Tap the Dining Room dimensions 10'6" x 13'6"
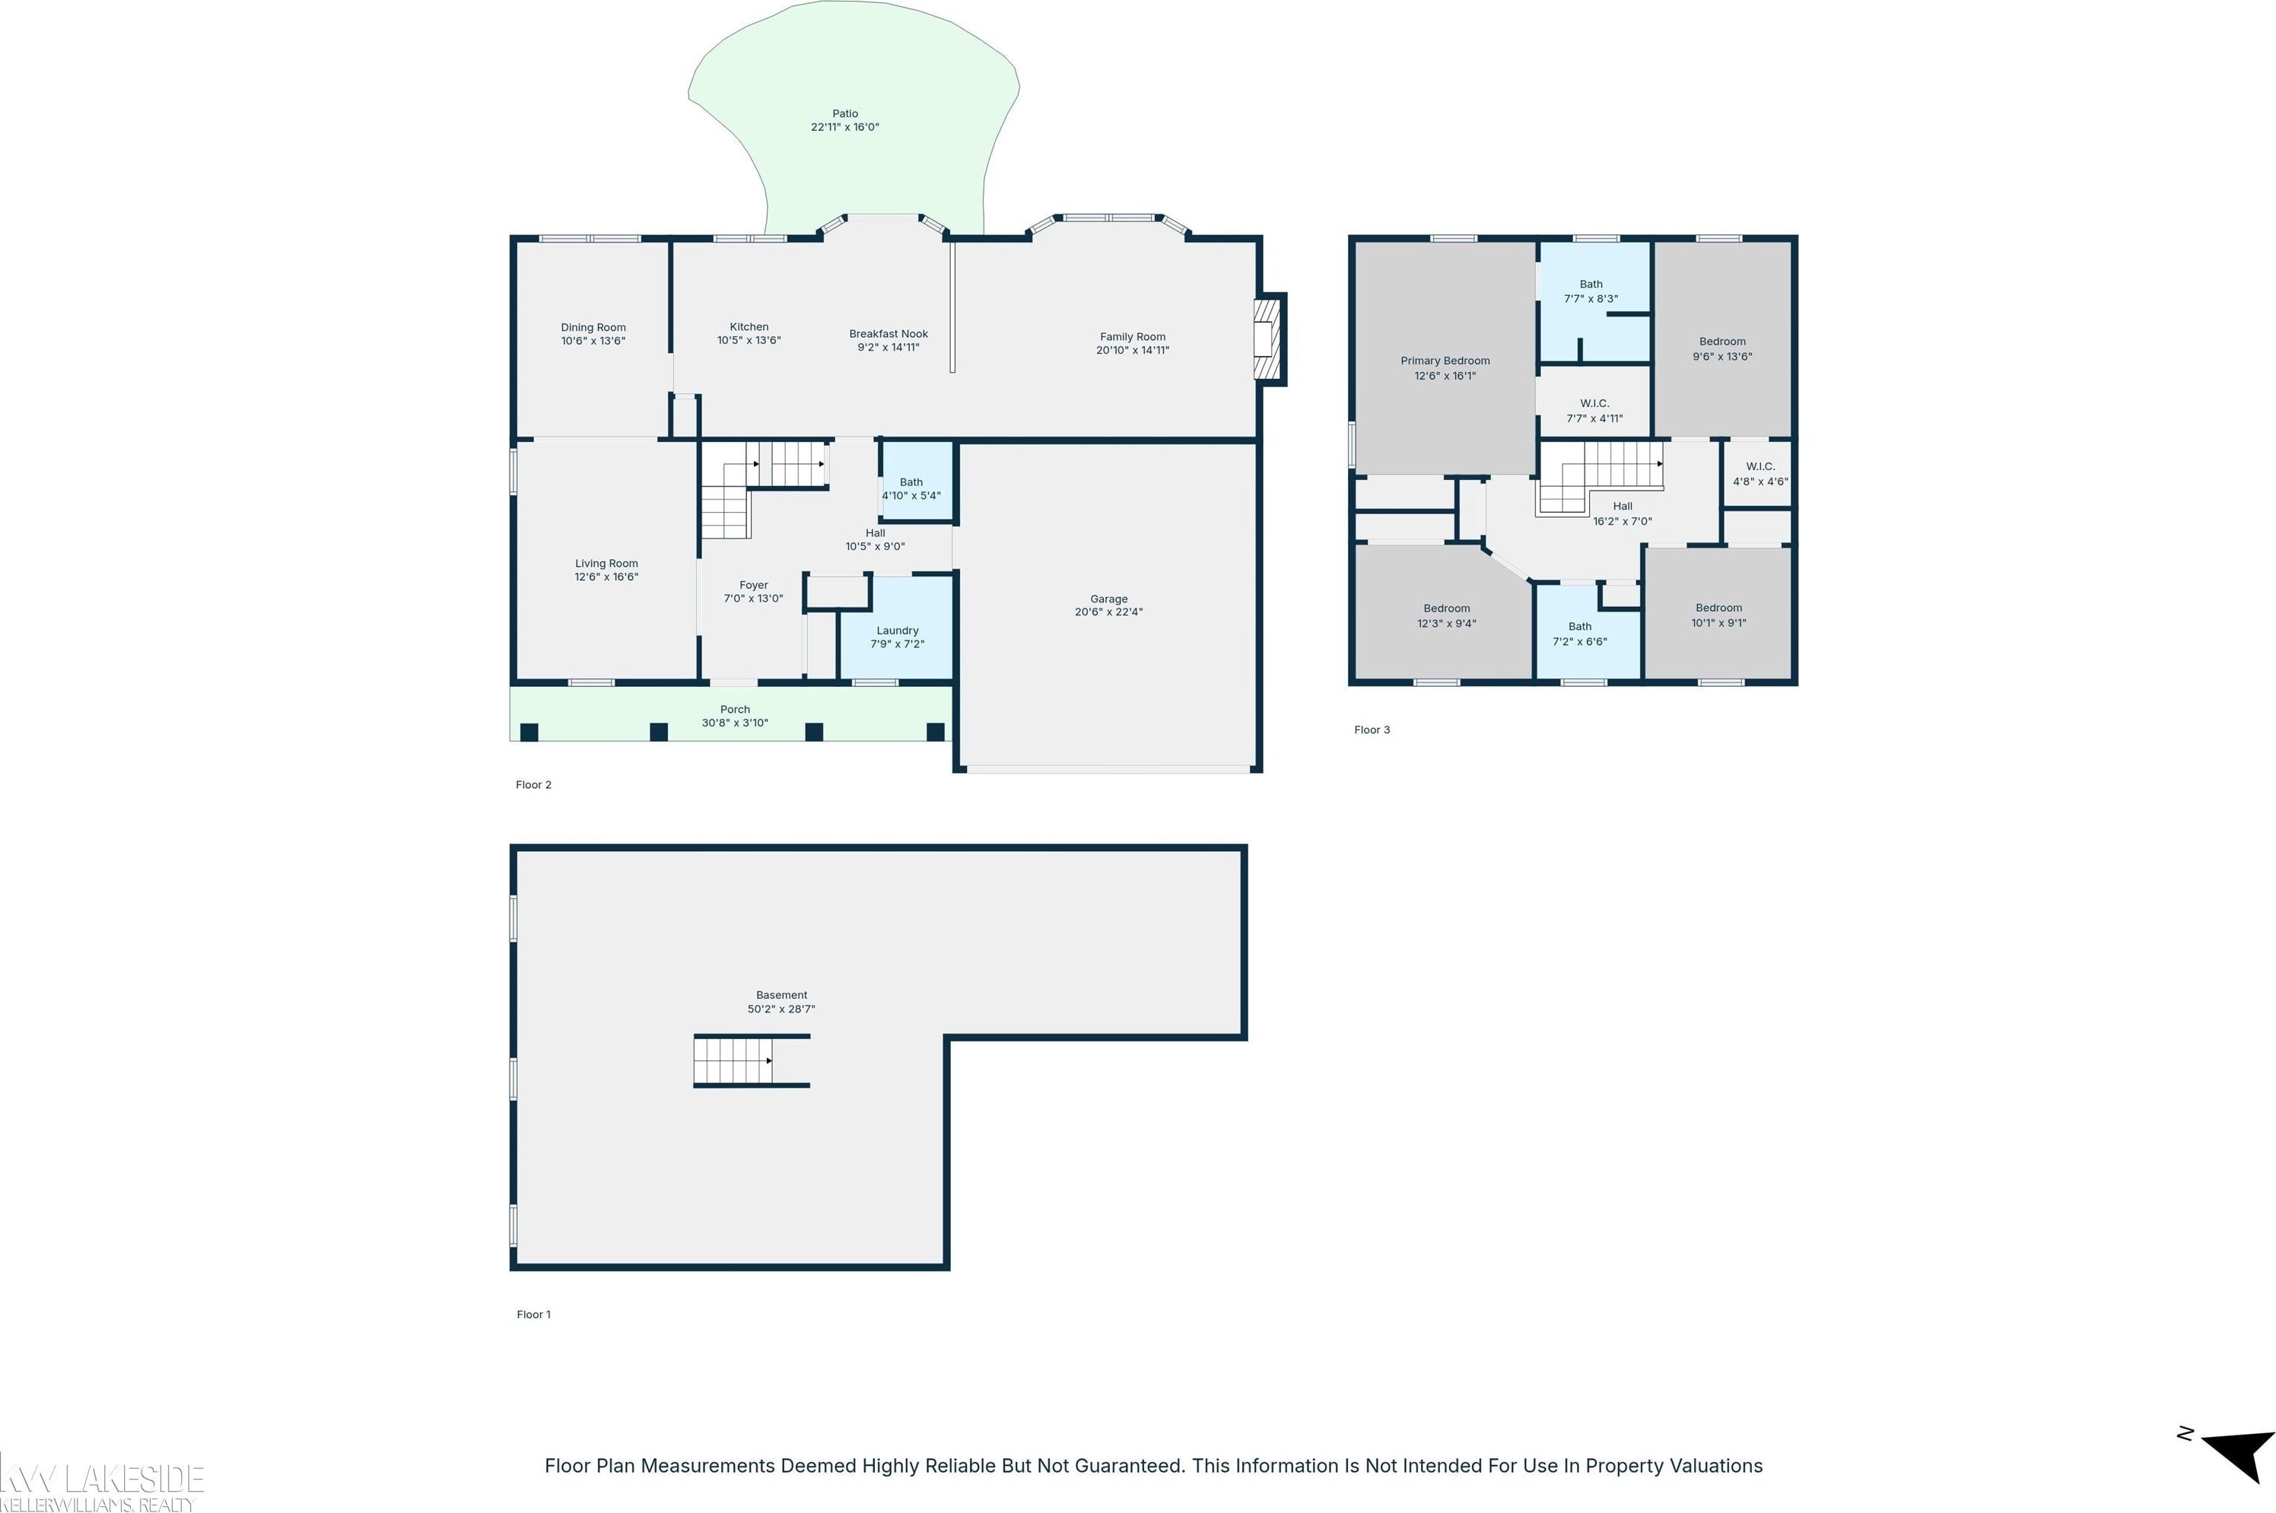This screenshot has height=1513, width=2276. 593,341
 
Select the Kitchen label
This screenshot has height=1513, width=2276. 749,327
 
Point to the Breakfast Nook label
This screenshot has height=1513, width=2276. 888,334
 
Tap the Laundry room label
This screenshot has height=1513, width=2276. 898,630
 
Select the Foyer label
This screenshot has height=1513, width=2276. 754,585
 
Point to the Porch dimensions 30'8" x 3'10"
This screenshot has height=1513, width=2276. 735,723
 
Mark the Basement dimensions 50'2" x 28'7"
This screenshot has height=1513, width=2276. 781,1009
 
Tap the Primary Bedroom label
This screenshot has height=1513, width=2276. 1445,361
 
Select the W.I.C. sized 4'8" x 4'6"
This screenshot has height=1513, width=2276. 1759,474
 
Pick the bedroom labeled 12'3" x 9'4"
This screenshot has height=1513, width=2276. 1445,611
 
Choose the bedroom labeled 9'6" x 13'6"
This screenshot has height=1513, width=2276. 1722,339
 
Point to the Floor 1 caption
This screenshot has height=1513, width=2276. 533,1314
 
